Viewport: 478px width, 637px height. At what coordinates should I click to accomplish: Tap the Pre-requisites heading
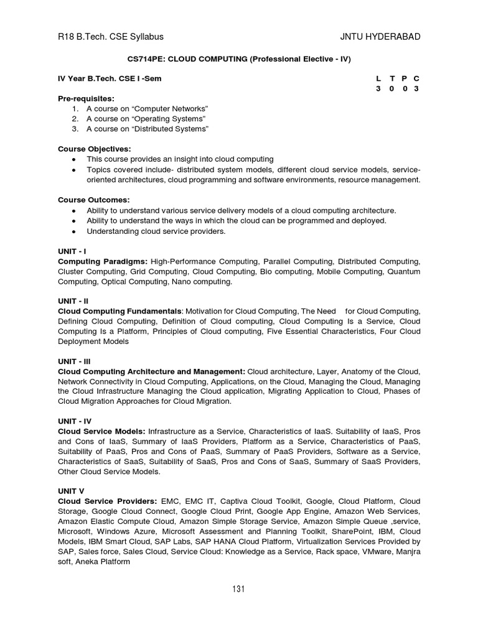point(86,99)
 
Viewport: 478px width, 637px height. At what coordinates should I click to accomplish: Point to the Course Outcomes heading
point(94,200)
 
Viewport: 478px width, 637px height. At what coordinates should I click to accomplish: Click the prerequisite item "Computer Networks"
point(147,109)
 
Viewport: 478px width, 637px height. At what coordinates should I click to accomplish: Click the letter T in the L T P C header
point(391,79)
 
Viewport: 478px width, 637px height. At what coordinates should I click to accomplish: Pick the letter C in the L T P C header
point(416,79)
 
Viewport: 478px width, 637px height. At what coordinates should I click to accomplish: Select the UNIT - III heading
point(75,361)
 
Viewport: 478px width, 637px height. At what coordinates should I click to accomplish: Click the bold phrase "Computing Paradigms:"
point(103,261)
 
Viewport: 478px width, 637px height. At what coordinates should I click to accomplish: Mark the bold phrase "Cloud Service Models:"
point(101,430)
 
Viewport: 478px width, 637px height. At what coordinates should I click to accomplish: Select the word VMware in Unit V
point(373,552)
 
